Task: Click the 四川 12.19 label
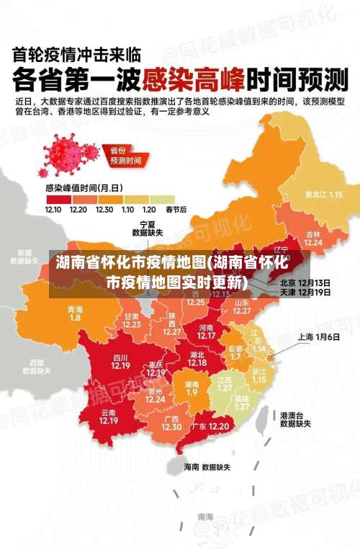point(120,361)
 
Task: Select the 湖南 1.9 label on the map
point(192,388)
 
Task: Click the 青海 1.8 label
point(75,313)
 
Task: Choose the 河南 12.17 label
point(206,331)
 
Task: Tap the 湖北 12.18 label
point(197,358)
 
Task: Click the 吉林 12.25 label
point(312,238)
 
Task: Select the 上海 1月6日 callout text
point(314,336)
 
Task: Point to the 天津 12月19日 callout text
point(305,293)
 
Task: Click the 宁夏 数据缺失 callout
point(148,228)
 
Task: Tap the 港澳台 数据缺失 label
point(294,419)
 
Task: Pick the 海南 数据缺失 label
point(207,467)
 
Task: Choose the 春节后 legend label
point(176,210)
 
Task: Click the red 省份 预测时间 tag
point(125,155)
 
